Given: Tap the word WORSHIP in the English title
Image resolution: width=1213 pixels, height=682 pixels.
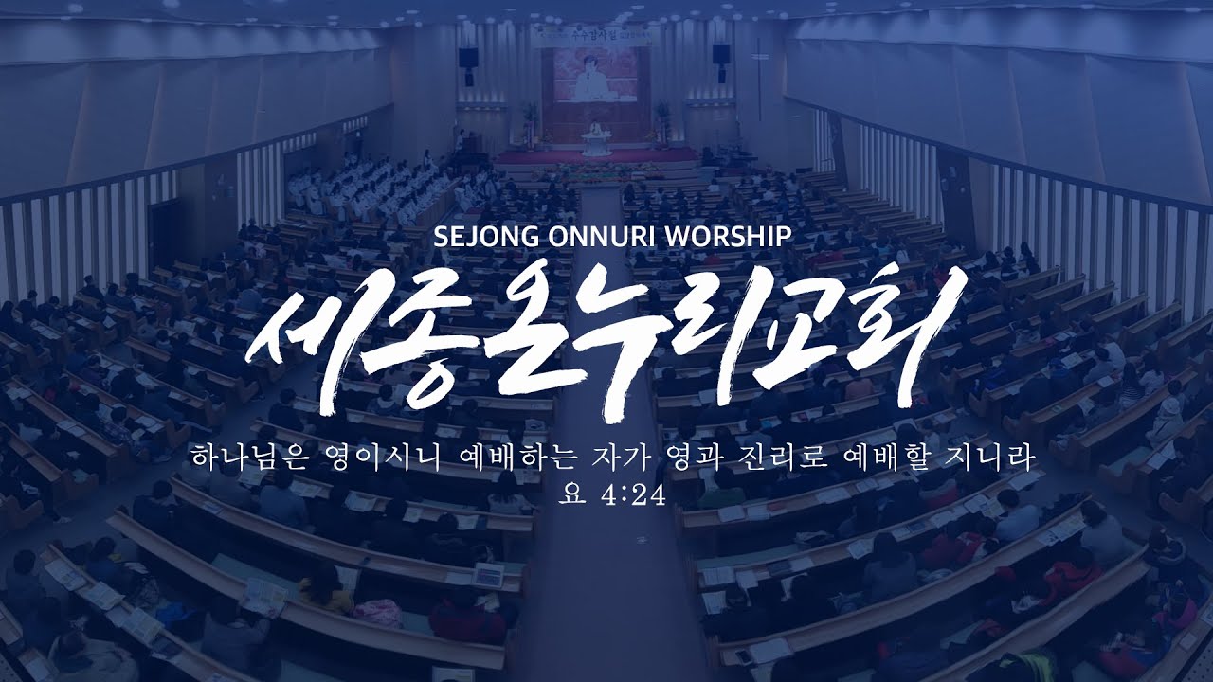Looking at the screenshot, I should (723, 236).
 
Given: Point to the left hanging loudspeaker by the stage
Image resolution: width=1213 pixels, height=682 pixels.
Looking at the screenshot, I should (468, 58).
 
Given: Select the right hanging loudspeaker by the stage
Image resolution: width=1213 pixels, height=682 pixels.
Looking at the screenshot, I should (720, 54).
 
